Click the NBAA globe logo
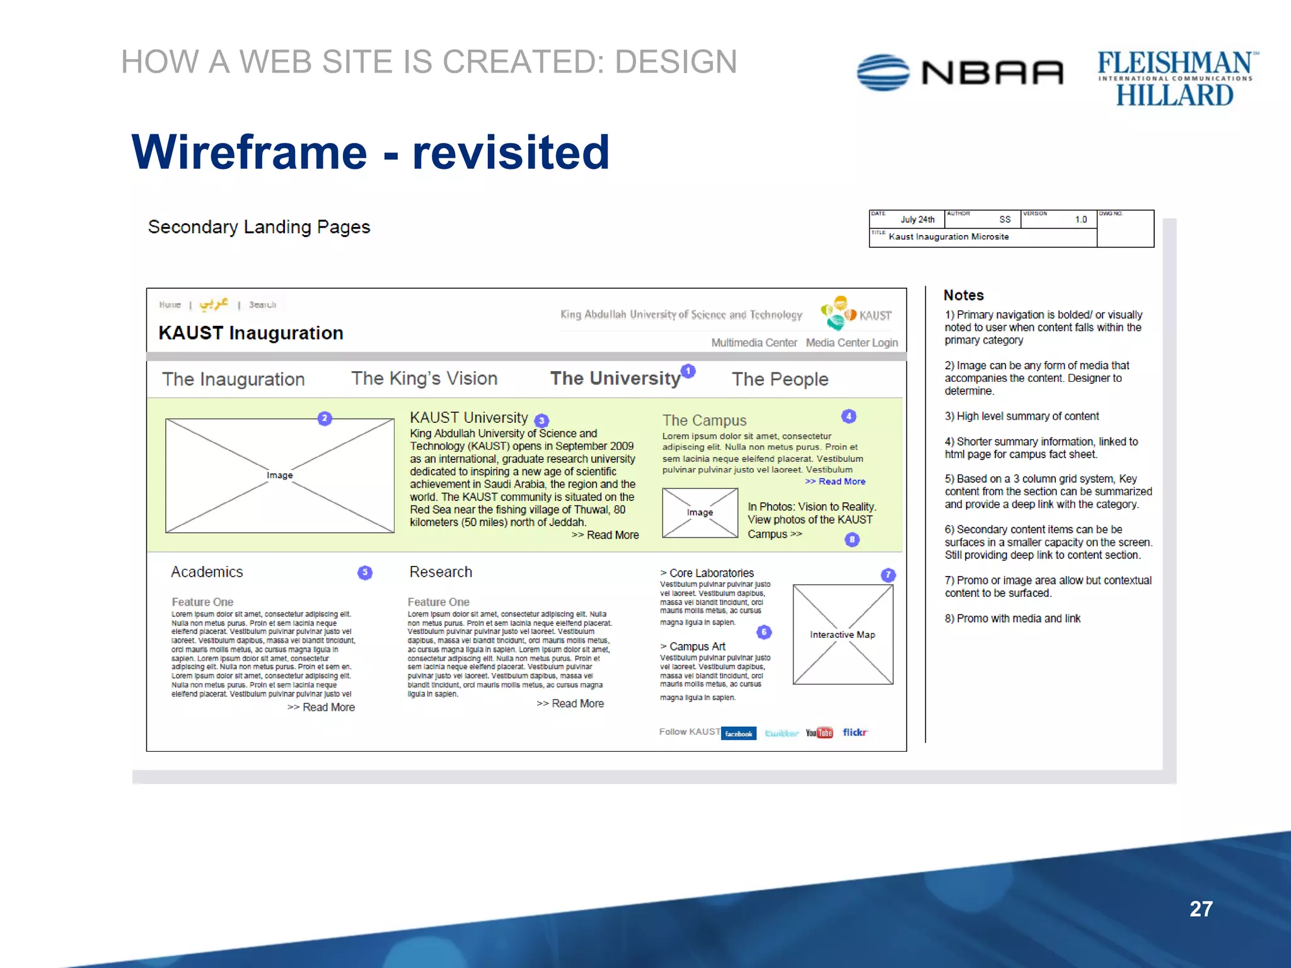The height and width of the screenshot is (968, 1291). coord(883,72)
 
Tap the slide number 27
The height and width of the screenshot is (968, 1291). coord(1201,909)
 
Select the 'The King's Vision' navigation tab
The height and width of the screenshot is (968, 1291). coord(424,378)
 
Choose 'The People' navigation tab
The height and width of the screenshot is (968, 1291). coord(780,379)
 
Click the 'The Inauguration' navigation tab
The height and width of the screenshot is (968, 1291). coord(233,379)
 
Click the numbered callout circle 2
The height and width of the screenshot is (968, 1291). coord(325,418)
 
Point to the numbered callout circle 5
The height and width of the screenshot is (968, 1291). coord(365,572)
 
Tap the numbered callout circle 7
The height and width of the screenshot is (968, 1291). coord(888,575)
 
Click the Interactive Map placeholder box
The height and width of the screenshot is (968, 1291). coord(843,635)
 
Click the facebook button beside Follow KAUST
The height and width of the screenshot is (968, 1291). coord(739,734)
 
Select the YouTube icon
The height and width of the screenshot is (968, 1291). coord(819,733)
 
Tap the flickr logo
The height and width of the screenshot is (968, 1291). coord(855,732)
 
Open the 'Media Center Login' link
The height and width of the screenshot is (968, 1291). coord(852,343)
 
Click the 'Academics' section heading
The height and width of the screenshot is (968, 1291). coord(207,572)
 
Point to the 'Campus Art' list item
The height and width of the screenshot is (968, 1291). coord(697,647)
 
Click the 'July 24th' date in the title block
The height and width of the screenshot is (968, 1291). coord(917,220)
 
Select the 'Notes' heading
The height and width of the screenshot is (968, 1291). coord(963,295)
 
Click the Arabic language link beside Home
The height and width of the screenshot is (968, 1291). coord(214,304)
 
